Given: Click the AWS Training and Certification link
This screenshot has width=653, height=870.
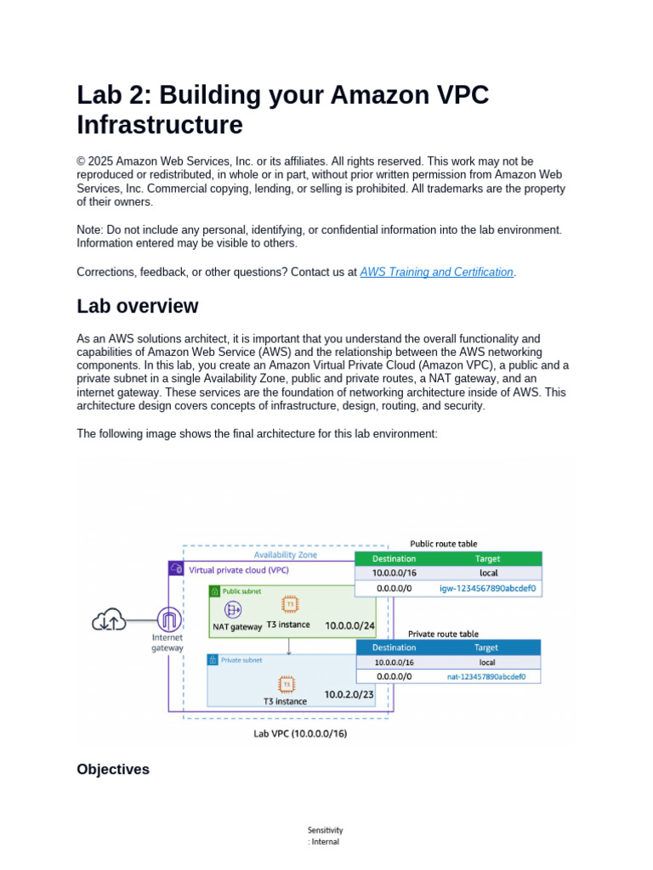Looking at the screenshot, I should (436, 272).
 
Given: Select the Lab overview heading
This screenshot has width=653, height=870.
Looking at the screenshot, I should (138, 306).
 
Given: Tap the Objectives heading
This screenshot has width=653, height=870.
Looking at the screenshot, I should (113, 769).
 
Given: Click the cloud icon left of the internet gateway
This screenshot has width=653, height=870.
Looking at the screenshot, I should (110, 621).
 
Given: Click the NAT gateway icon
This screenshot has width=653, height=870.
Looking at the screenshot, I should (232, 609).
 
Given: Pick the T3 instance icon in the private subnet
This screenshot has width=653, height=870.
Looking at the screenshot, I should (287, 684).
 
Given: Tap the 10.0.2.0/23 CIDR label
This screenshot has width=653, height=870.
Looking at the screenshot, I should (349, 694).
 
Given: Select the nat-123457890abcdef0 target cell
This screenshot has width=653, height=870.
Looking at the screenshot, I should (487, 677).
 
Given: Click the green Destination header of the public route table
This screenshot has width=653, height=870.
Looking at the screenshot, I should (394, 559).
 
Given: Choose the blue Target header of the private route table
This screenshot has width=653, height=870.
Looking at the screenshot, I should (486, 647).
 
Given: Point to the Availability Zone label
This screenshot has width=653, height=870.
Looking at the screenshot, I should (285, 554).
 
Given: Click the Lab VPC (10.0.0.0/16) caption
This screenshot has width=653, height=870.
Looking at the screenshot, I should (300, 732).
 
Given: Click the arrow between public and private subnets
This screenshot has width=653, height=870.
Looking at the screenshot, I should (289, 647).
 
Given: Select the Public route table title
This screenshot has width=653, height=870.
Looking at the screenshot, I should (443, 544).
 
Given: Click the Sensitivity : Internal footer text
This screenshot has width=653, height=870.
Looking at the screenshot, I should (326, 836).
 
